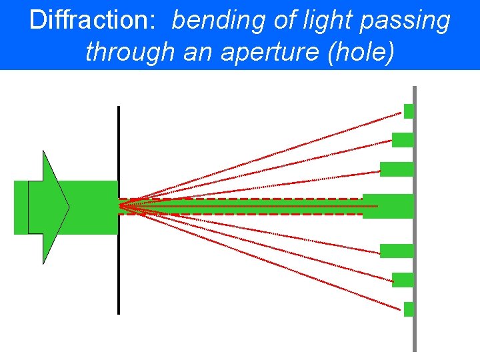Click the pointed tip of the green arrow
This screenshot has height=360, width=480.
(69, 207)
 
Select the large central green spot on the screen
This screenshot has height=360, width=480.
(388, 206)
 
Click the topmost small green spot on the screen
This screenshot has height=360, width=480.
(409, 111)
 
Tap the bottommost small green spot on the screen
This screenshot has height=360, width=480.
(409, 309)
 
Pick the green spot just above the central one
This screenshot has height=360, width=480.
(397, 169)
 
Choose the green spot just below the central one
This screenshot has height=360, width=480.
(397, 251)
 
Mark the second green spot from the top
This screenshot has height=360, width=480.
(403, 140)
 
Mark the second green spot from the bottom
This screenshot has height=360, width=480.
(403, 280)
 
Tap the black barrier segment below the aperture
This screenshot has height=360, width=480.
(119, 273)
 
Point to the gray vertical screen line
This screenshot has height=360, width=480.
(415, 333)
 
